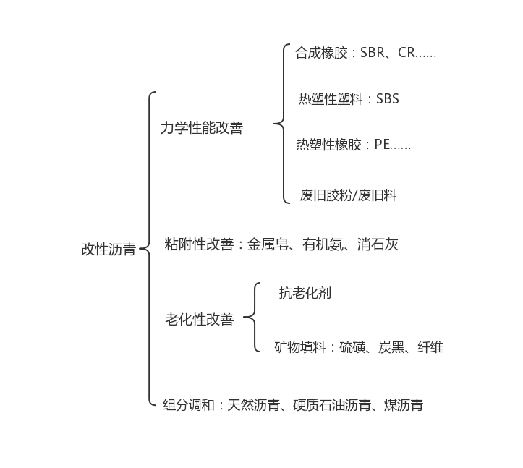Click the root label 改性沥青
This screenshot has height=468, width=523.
109,249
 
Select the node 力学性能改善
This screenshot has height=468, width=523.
202,128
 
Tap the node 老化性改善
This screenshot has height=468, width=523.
200,319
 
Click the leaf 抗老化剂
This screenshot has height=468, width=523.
305,293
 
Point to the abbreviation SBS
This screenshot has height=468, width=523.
388,99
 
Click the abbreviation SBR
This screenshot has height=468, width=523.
373,53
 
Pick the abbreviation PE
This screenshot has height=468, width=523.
382,145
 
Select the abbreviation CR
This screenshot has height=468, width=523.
407,53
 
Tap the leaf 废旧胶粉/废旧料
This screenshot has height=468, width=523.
348,195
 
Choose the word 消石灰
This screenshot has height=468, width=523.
378,244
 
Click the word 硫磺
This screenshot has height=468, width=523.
352,347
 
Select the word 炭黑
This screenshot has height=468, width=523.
391,347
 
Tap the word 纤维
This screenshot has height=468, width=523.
430,347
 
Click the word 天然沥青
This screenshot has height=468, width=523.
253,405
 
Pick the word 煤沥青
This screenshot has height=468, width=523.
404,405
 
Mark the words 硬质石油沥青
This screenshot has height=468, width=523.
332,405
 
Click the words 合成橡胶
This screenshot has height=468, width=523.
321,53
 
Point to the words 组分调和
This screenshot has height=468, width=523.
189,405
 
